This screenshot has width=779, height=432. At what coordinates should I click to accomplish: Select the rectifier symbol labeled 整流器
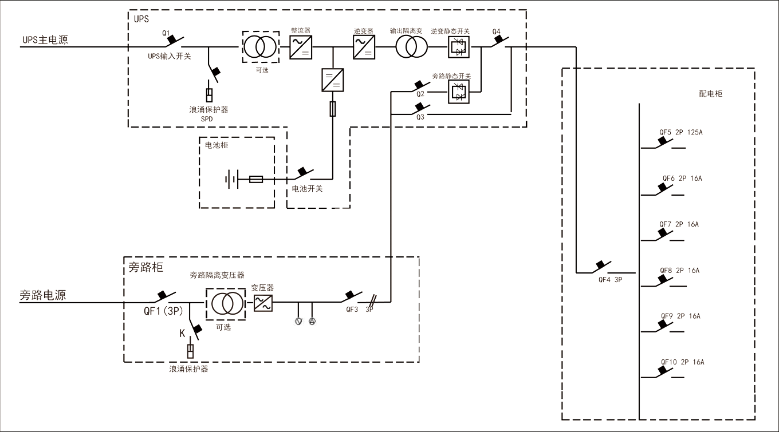pos(300,47)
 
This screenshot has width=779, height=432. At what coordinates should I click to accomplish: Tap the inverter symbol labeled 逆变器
pos(364,47)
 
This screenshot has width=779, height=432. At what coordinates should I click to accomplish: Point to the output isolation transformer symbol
pos(411,47)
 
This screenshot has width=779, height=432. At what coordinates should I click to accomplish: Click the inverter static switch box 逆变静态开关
pos(458,47)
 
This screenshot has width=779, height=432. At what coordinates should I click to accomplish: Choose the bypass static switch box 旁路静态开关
pos(458,91)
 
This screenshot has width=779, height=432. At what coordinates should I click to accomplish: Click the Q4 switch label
pos(496,31)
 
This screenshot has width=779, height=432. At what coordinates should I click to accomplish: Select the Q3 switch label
pos(420,117)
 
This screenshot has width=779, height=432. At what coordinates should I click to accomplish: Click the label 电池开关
pos(307,189)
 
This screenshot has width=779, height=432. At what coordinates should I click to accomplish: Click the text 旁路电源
pos(43,295)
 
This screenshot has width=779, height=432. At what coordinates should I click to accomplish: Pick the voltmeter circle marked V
pos(298,321)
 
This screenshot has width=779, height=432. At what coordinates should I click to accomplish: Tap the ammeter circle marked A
pos(312,321)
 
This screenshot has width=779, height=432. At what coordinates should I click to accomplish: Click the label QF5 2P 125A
pos(680,132)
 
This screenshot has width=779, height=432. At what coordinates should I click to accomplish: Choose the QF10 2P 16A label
pos(682,362)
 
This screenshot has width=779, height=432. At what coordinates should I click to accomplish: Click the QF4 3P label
pos(610,280)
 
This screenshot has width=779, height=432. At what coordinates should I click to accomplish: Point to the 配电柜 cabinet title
pos(711,93)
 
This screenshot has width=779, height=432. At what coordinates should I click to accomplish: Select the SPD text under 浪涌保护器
pos(207,118)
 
